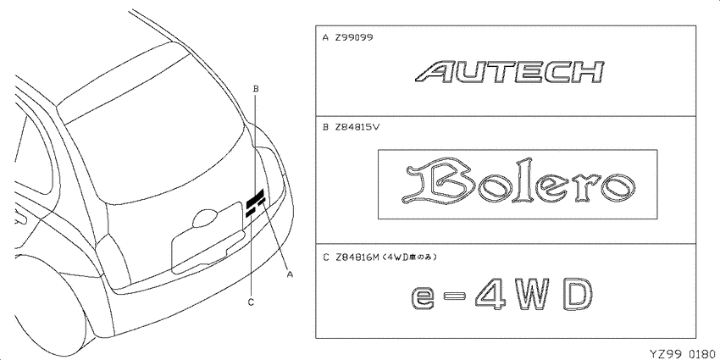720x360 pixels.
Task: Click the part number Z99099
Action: (x=353, y=38)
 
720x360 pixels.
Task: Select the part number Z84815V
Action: (x=357, y=128)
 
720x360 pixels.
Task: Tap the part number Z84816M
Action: (x=357, y=258)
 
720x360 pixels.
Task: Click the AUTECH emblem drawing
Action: (x=508, y=73)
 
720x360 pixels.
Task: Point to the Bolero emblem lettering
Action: (x=518, y=183)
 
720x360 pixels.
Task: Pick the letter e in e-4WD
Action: (x=424, y=297)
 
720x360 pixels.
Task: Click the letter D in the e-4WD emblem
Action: (x=575, y=295)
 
